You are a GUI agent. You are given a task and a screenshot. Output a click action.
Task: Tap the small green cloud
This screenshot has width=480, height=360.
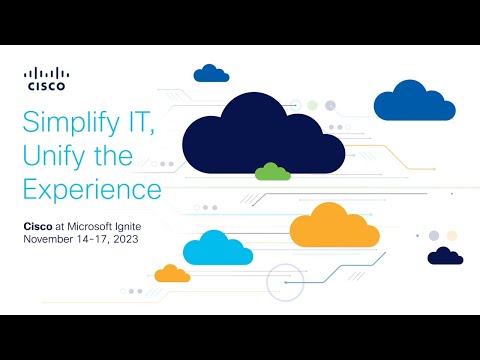pos(272,172)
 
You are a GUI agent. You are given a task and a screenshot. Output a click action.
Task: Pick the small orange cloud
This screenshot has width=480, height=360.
pos(172,273)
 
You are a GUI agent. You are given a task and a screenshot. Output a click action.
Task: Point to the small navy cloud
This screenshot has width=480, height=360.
pos(445,256)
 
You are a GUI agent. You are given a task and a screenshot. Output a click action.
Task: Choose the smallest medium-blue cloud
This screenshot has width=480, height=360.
pos(211,73)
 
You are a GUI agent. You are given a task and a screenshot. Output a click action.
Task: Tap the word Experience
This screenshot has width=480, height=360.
pos(91,187)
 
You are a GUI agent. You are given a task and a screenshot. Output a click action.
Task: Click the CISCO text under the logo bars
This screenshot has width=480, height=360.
pos(47,86)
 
